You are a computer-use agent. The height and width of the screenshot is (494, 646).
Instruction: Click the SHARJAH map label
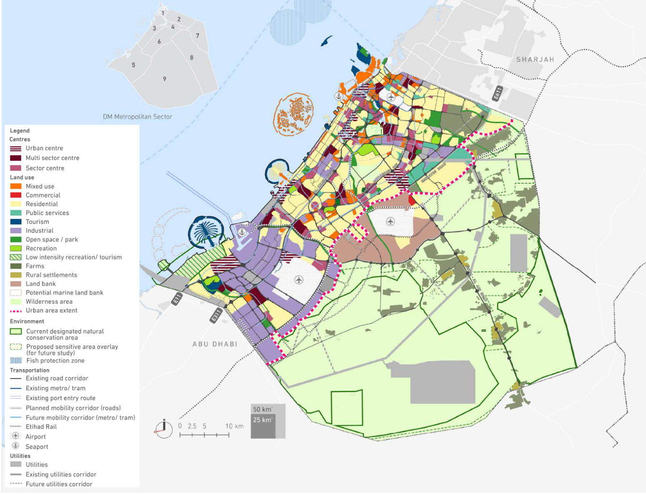pos(535,60)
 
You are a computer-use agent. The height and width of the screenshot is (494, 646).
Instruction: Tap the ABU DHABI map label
pos(215,344)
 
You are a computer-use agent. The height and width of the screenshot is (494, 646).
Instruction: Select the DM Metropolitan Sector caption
pos(137,117)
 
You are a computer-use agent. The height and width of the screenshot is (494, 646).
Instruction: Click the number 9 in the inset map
pos(164,79)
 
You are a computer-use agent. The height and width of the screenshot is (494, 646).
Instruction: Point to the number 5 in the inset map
pos(133,65)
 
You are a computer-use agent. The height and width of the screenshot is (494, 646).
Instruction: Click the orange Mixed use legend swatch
pos(16,186)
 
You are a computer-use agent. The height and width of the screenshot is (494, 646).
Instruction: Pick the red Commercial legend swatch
pos(16,195)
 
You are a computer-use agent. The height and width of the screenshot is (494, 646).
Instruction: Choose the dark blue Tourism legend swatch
pos(16,222)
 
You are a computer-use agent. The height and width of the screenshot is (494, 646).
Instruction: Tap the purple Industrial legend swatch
pos(16,230)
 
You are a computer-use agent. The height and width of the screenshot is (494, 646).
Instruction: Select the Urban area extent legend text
pos(52,310)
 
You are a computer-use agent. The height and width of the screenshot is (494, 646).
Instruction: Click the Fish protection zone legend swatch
pos(16,361)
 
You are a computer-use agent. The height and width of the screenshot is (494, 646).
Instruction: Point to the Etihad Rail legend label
pos(41,427)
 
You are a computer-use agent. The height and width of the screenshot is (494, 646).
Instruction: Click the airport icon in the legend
pos(16,436)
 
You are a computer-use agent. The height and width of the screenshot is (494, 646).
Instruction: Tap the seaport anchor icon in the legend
pos(16,446)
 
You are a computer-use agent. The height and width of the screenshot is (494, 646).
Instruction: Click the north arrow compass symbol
pos(164,429)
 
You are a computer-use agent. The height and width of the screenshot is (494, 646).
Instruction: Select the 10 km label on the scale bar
pos(234,426)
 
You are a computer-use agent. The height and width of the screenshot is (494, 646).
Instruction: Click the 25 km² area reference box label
pos(263,420)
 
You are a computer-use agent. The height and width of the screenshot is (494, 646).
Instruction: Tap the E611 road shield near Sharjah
pos(497,94)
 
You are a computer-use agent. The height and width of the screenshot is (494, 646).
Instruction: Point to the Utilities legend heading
pos(20,456)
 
